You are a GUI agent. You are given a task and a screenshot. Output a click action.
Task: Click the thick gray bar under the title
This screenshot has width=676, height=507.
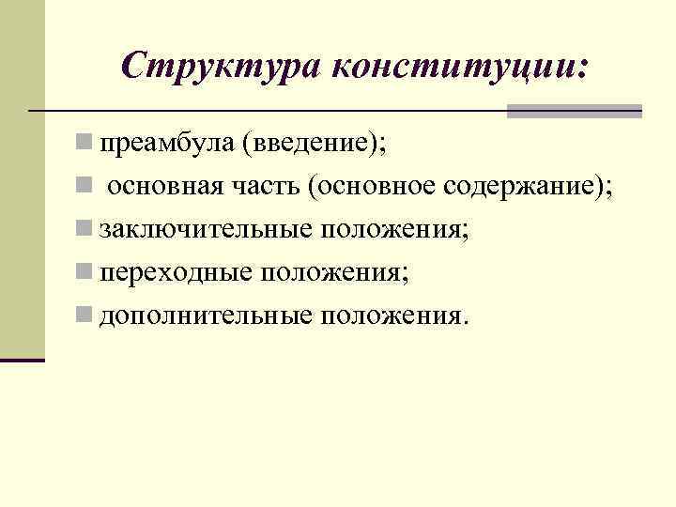[574, 111]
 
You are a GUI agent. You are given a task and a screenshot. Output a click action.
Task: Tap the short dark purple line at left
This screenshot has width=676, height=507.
[23, 360]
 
